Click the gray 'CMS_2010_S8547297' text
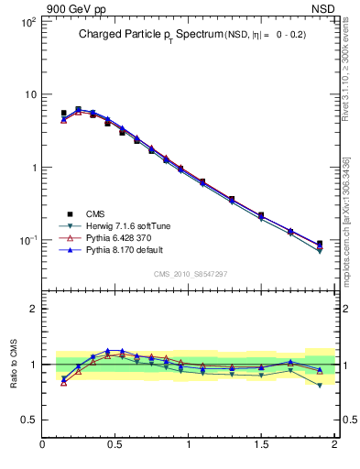click(x=190, y=274)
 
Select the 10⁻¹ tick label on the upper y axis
click(x=28, y=241)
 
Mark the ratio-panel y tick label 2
click(x=33, y=309)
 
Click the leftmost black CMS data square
click(x=63, y=114)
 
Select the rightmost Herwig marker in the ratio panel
click(x=320, y=386)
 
